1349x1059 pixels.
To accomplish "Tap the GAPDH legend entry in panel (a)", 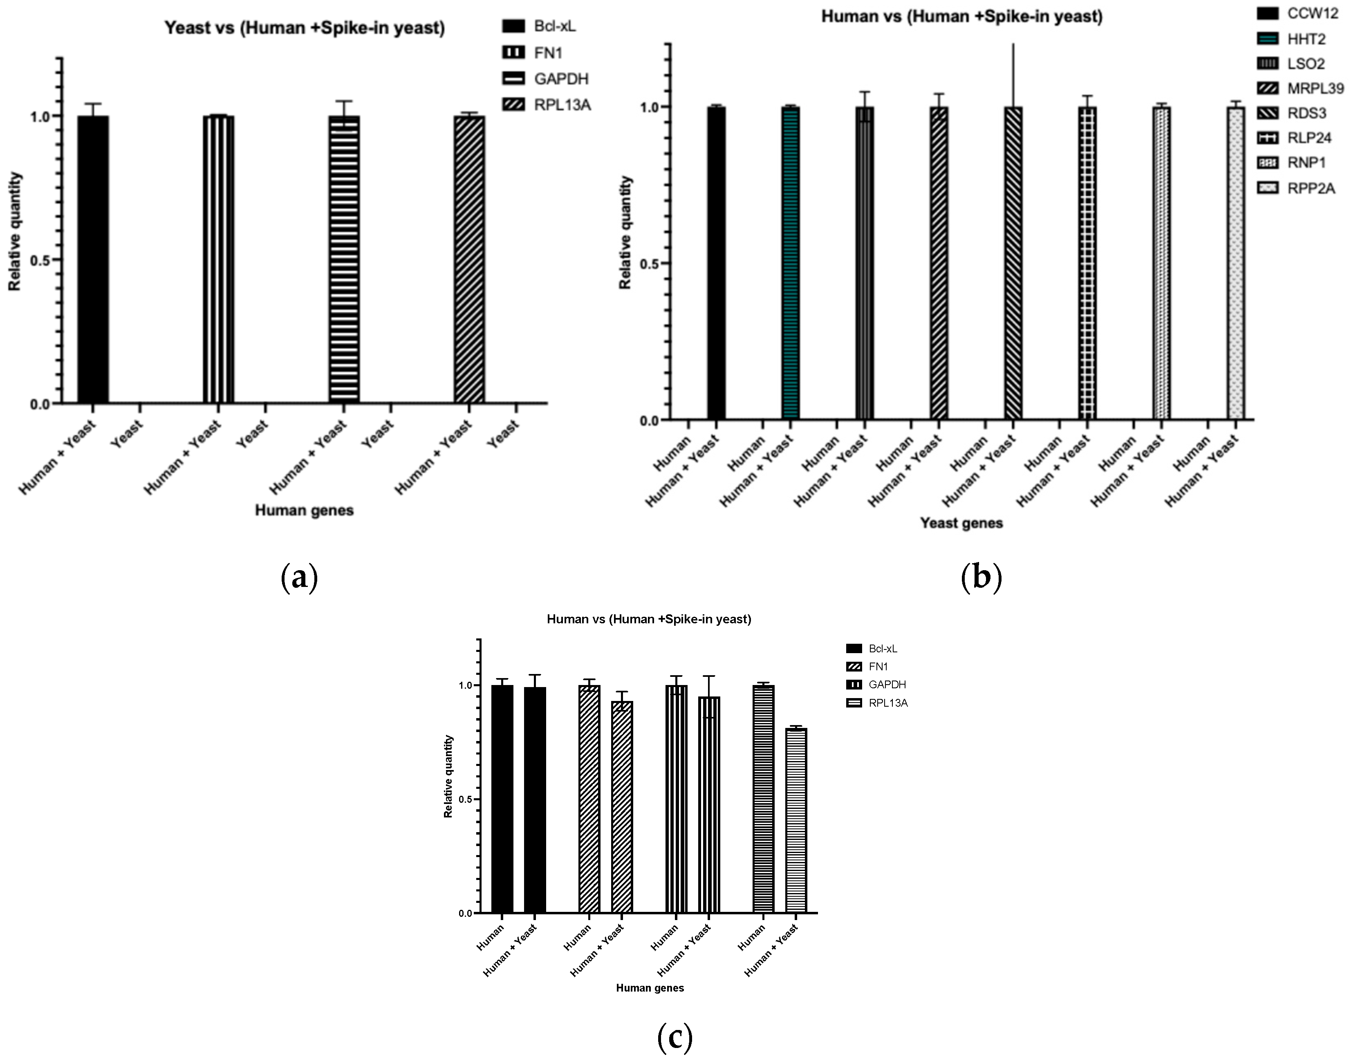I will pyautogui.click(x=546, y=79).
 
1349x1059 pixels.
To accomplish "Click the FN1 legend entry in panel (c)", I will pyautogui.click(x=867, y=667).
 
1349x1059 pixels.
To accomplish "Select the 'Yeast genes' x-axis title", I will pyautogui.click(x=961, y=523).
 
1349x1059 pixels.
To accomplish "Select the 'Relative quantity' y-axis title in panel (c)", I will pyautogui.click(x=449, y=776).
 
